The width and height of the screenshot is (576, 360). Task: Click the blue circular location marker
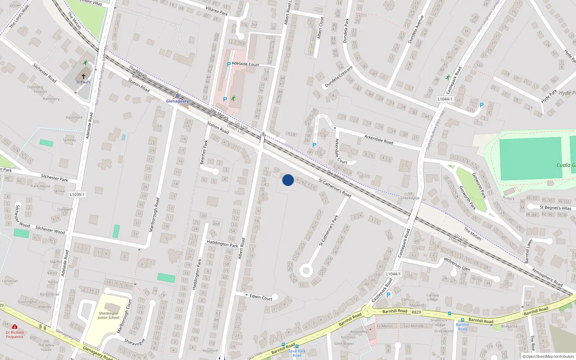(288, 180)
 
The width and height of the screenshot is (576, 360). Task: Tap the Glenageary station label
(177, 101)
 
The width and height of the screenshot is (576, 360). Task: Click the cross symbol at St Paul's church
(84, 76)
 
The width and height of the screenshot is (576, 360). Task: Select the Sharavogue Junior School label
(108, 315)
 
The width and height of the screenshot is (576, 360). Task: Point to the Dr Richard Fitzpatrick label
(14, 334)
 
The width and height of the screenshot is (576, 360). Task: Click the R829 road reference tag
(416, 312)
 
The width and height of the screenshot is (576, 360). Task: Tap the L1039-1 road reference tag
(77, 194)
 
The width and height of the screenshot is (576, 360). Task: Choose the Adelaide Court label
(246, 64)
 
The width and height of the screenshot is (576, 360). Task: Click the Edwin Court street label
(261, 297)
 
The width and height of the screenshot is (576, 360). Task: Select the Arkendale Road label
(379, 139)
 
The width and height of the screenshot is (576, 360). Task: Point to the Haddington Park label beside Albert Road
(222, 244)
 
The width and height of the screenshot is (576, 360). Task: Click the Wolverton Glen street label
(457, 264)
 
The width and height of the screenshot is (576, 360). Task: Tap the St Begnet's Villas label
(555, 208)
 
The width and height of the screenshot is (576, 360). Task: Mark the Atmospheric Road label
(547, 278)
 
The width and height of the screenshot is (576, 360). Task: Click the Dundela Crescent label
(339, 77)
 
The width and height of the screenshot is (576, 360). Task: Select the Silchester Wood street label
(50, 230)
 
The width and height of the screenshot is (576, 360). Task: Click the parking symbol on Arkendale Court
(314, 145)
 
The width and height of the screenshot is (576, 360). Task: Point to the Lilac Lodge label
(410, 198)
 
